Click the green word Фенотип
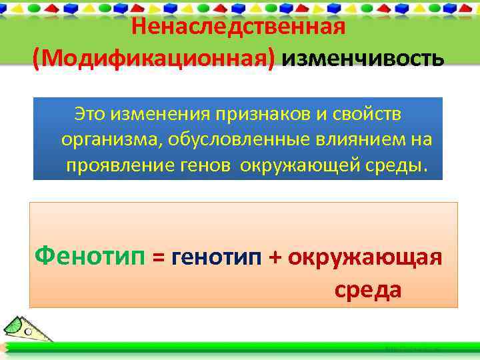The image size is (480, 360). click(x=90, y=255)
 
